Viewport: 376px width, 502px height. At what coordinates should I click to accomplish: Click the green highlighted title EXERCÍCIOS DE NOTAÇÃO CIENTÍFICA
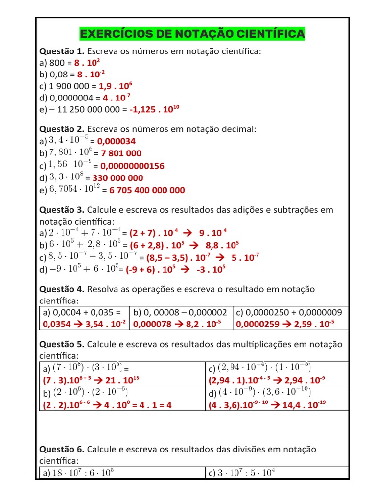tap(191, 34)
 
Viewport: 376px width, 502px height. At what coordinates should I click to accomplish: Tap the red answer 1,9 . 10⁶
tap(116, 86)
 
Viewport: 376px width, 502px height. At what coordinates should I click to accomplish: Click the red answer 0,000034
tap(117, 142)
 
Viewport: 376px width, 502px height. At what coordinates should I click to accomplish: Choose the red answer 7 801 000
tap(121, 154)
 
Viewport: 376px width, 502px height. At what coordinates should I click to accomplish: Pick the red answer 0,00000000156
tap(132, 166)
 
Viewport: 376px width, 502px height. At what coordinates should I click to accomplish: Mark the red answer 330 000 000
tap(118, 178)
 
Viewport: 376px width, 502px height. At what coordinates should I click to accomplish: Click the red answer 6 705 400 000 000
tap(147, 190)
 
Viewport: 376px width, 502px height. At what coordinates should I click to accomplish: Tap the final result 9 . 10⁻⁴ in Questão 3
tap(211, 233)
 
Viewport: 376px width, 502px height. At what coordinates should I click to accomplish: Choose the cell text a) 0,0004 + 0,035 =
tap(82, 312)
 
